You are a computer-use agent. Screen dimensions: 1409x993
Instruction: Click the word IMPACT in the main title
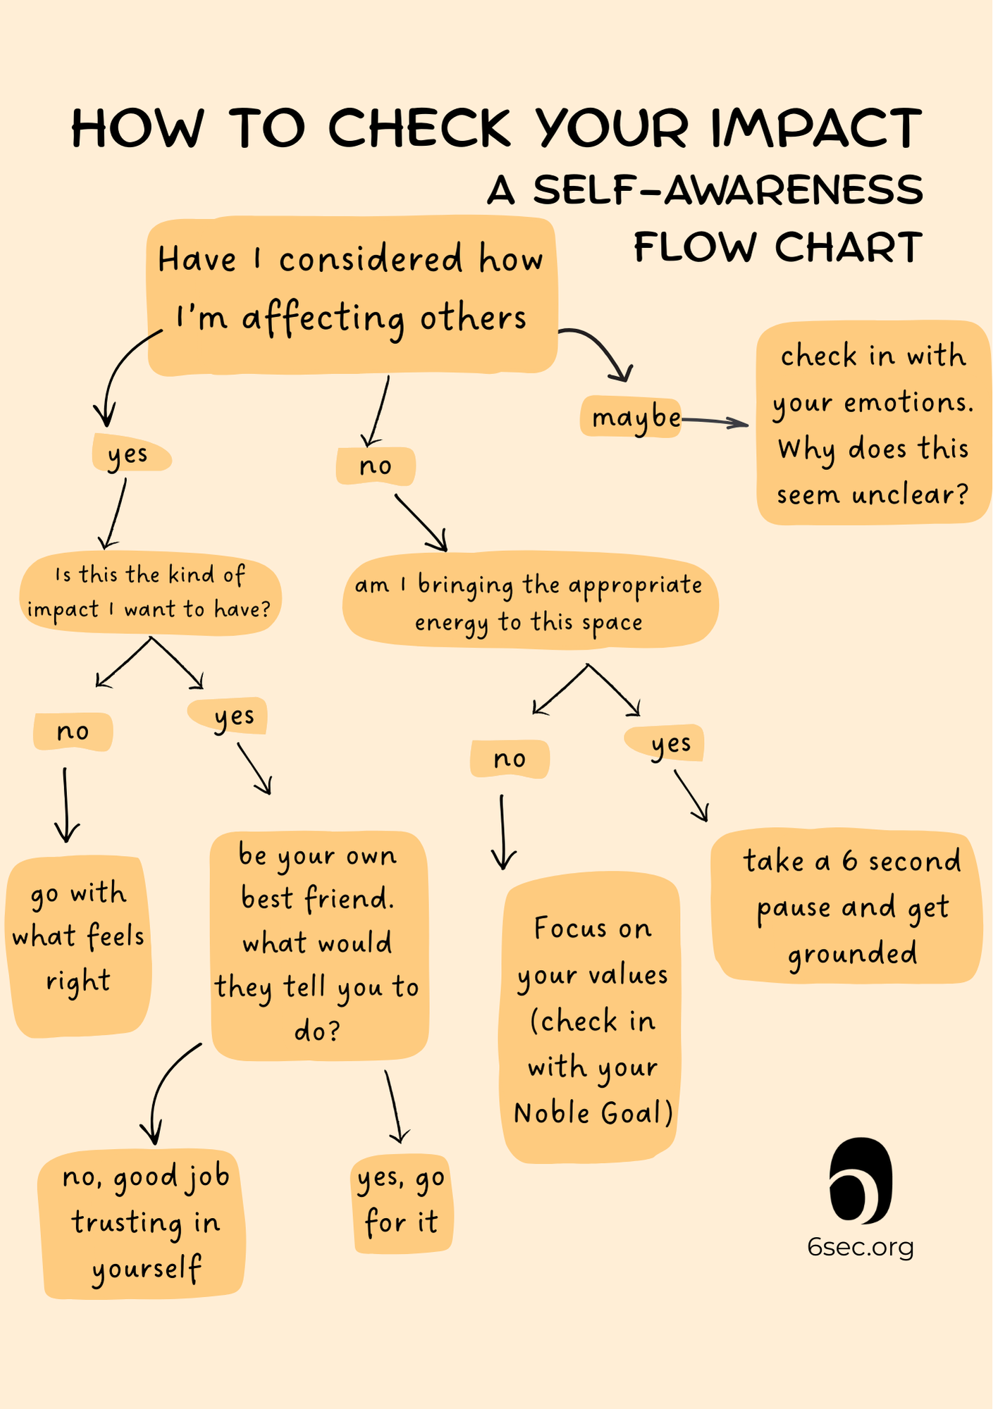(816, 128)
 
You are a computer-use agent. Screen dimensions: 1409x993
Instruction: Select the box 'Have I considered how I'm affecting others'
(351, 294)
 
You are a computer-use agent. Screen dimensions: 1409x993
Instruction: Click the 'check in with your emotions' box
(872, 424)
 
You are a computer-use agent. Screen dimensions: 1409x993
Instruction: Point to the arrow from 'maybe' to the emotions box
(715, 422)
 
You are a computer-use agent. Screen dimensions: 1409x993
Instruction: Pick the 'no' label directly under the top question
(375, 466)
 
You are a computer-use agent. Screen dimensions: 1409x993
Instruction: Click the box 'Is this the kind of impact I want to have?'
(149, 592)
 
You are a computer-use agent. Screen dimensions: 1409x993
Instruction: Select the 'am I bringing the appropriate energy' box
(529, 603)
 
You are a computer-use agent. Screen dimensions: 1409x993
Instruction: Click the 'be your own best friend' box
(319, 944)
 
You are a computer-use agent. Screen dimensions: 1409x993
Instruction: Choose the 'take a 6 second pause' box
(849, 907)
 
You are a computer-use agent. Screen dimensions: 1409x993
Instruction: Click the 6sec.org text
(861, 1247)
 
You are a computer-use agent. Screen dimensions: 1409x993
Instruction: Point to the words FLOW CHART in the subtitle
(778, 247)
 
